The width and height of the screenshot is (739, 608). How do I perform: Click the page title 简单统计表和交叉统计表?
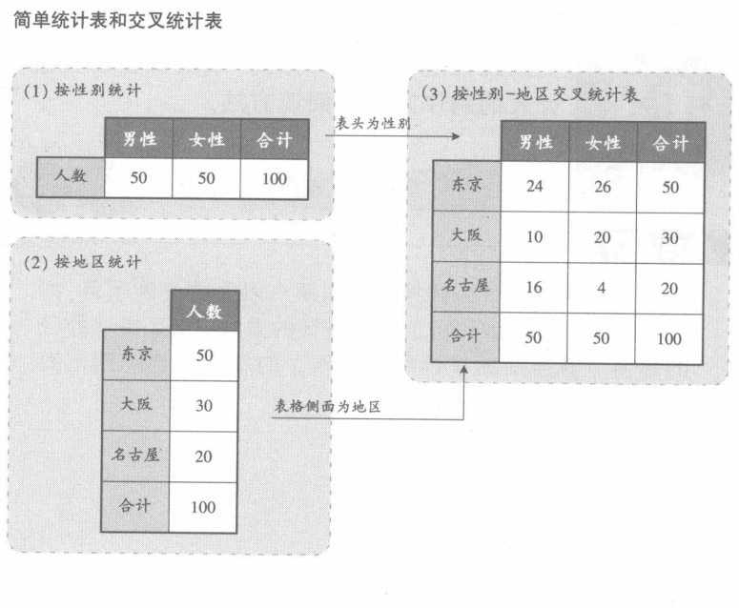click(x=118, y=20)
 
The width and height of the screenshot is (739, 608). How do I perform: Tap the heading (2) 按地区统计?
click(x=83, y=261)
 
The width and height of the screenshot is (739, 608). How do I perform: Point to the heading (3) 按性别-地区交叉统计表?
click(x=531, y=93)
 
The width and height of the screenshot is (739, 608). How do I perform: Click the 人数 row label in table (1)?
click(x=71, y=177)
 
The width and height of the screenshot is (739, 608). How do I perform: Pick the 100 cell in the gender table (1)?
click(x=275, y=177)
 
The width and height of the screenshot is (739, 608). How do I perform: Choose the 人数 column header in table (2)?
click(x=204, y=311)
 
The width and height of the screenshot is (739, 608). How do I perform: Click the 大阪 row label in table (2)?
click(x=136, y=404)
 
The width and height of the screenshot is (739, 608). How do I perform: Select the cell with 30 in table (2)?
click(x=204, y=405)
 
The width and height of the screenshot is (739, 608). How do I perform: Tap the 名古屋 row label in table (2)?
click(x=136, y=455)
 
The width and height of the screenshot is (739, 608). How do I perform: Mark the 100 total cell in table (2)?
click(x=204, y=506)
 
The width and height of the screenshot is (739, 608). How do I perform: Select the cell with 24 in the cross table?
click(x=534, y=187)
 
